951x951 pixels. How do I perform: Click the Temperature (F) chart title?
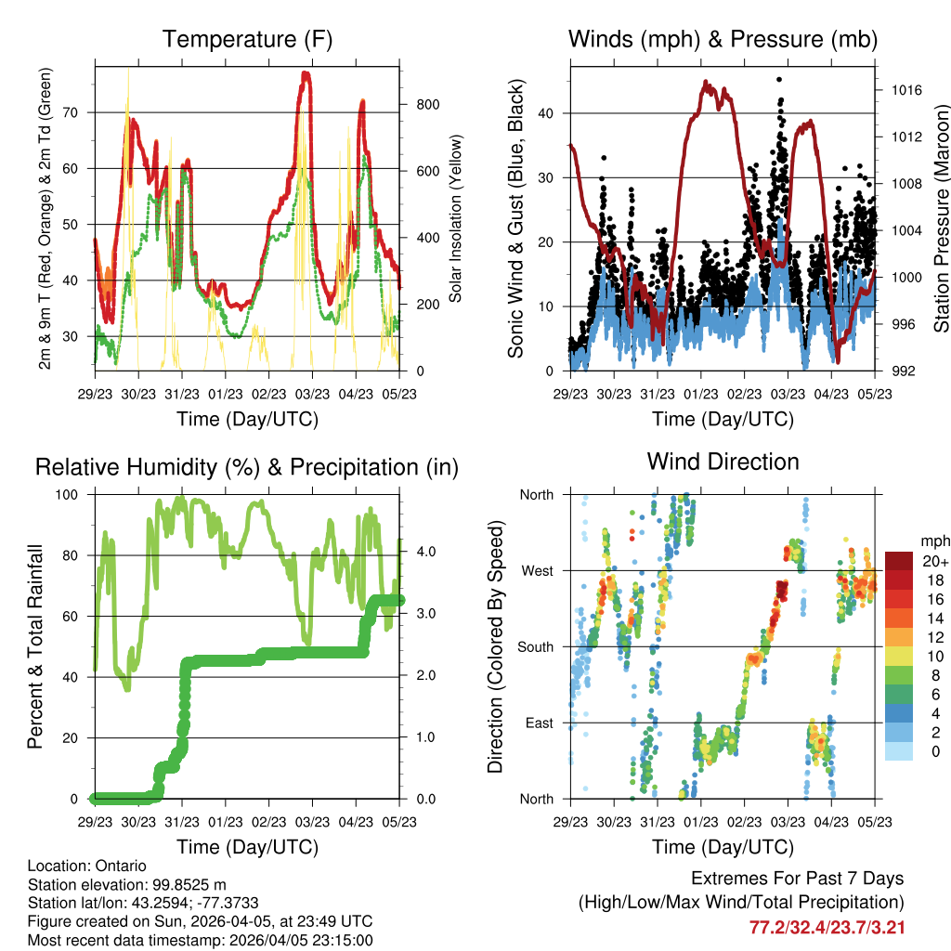[x=247, y=40]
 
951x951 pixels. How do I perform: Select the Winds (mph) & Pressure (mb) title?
[x=723, y=40]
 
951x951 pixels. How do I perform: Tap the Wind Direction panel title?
[x=723, y=462]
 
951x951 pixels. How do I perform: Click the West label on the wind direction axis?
[x=536, y=570]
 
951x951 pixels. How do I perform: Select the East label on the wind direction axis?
[x=538, y=723]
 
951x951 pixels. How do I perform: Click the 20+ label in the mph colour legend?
[x=931, y=562]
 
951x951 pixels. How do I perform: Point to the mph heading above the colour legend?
[x=934, y=540]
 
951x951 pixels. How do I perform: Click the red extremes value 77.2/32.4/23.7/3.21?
[x=827, y=927]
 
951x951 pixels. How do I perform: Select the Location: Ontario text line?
[x=87, y=866]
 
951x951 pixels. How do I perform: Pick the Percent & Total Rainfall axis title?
[x=35, y=645]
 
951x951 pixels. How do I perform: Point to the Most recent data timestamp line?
[x=200, y=940]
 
